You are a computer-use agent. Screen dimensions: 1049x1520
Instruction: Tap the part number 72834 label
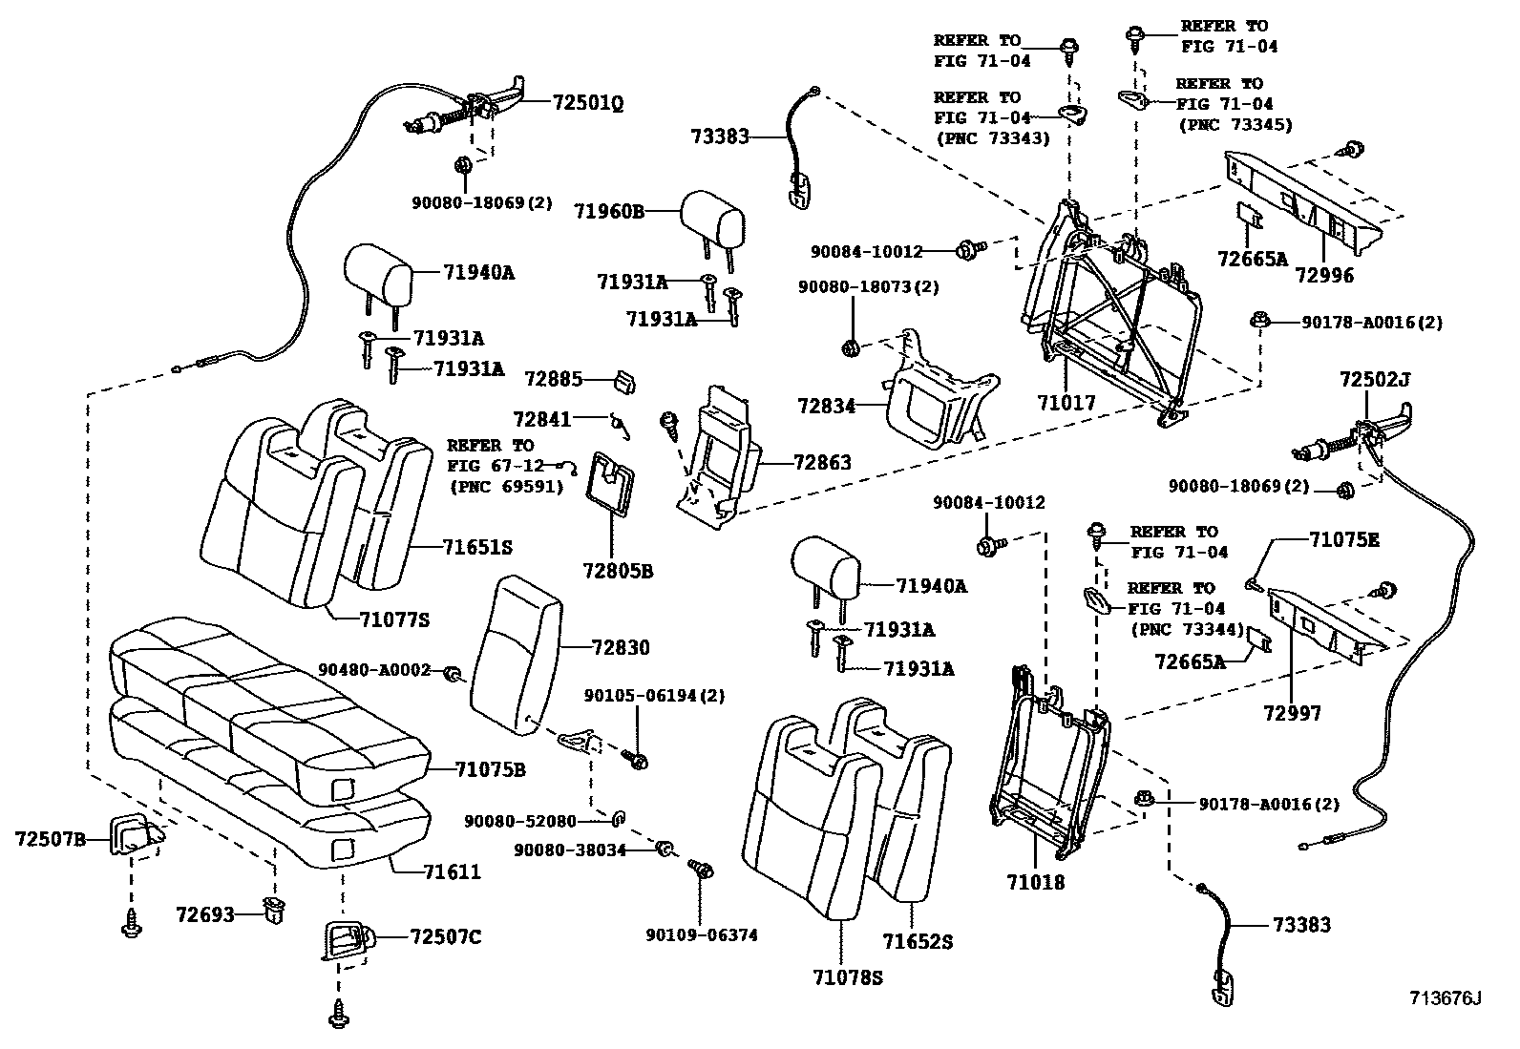826,407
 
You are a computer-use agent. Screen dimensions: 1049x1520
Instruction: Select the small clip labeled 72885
625,382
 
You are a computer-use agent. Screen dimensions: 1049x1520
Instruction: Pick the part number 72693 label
204,914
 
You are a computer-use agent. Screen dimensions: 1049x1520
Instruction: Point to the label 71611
454,872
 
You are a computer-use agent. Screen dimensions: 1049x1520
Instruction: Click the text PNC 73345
1235,124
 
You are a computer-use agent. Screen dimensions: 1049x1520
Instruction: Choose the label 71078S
848,977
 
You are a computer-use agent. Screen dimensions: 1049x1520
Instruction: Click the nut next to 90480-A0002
454,676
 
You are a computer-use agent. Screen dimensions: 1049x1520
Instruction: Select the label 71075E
1343,540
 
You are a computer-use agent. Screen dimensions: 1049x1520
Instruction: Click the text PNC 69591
506,486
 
